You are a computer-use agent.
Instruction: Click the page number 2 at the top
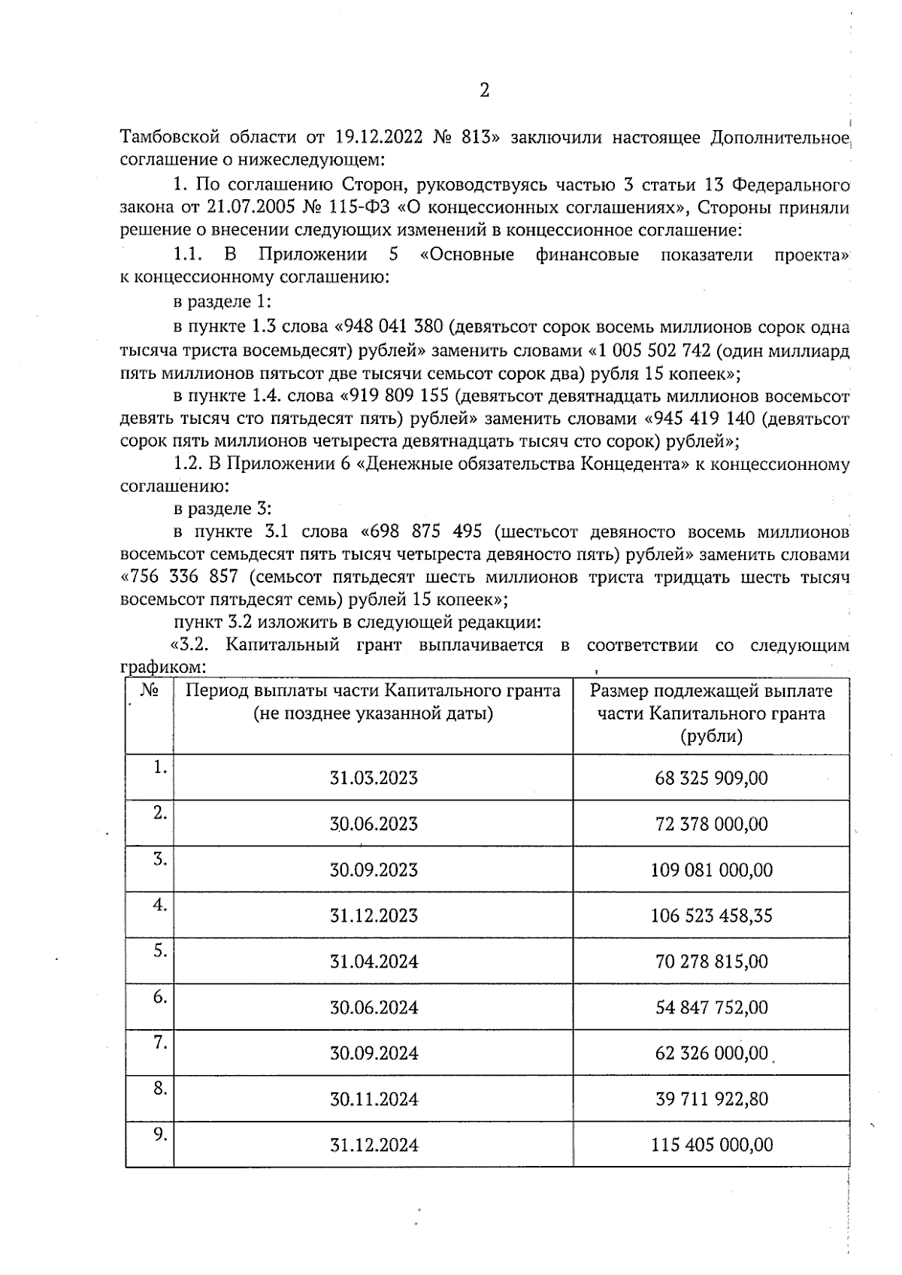pos(484,91)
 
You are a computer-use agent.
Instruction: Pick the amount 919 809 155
pos(401,395)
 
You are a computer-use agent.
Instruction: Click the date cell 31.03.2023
pos(374,777)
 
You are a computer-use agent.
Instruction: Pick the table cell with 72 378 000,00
pos(711,824)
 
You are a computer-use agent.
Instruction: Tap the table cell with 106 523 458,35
pos(711,916)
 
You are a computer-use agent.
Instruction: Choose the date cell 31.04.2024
pos(374,962)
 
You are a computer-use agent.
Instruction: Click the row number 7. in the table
pos(159,1042)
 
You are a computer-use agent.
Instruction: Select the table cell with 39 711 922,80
pos(711,1099)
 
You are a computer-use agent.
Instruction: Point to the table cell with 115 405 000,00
pos(711,1145)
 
